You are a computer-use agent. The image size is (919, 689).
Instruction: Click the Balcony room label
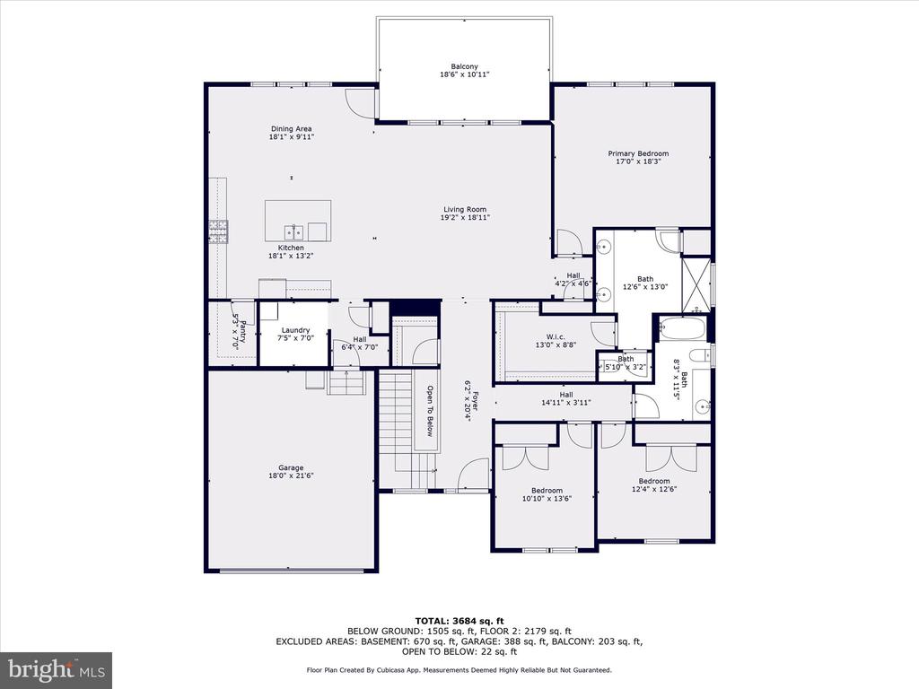tap(464, 66)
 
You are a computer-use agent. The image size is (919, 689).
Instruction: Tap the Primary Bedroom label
tap(638, 153)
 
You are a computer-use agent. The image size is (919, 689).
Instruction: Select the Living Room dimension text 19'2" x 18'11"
tap(465, 217)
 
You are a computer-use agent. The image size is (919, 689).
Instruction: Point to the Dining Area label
tap(292, 129)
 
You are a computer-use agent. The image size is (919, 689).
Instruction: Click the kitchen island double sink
tap(294, 232)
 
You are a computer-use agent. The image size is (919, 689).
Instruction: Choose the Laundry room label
tap(295, 330)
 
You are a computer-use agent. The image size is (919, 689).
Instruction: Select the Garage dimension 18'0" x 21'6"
tap(291, 475)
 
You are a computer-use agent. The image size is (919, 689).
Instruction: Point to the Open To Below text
tap(429, 411)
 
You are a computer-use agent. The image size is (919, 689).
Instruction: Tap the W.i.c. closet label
tap(556, 337)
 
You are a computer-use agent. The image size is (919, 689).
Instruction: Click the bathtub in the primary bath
tap(682, 328)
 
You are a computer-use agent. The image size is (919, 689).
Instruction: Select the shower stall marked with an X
tap(696, 285)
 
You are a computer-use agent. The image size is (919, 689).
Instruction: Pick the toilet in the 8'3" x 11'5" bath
tap(700, 355)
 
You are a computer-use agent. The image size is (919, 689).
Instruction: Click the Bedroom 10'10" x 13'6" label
tap(547, 491)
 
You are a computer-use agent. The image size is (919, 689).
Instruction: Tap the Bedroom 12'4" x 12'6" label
tap(654, 481)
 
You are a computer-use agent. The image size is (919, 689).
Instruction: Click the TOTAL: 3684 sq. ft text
tap(459, 621)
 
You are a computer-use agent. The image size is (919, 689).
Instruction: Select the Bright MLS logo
tap(57, 668)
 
